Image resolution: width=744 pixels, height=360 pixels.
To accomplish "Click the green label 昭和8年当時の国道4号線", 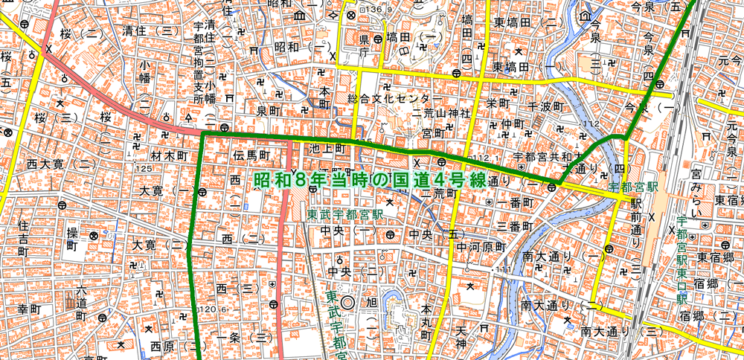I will pyautogui.click(x=370, y=181).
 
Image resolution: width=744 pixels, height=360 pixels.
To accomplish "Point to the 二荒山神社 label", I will pyautogui.click(x=442, y=113).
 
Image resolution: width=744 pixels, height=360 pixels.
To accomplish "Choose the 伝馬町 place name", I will pyautogui.click(x=249, y=155).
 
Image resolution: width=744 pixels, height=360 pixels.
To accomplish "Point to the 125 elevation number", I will pyautogui.click(x=143, y=169).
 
